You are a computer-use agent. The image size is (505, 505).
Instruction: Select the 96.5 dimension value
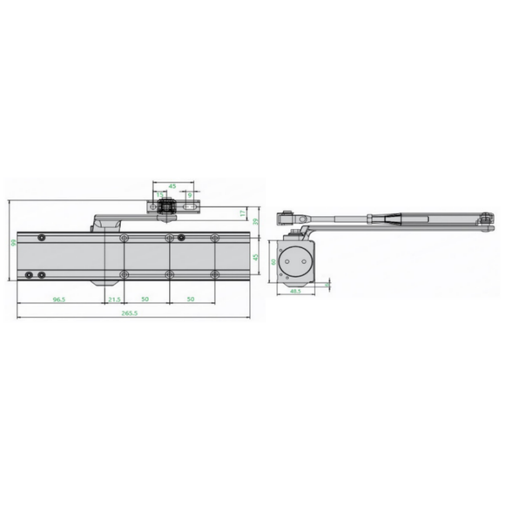[x=59, y=299]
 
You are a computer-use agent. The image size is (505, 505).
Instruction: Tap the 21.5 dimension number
[x=114, y=299]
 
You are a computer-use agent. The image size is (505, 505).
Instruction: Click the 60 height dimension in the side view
[x=272, y=260]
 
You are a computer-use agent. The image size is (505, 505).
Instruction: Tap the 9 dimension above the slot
[x=190, y=194]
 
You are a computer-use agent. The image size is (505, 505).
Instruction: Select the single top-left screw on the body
[x=40, y=237]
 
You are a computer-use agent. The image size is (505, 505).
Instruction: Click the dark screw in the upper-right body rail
[x=182, y=238]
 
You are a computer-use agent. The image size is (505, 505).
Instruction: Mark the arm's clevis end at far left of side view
[x=283, y=217]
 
